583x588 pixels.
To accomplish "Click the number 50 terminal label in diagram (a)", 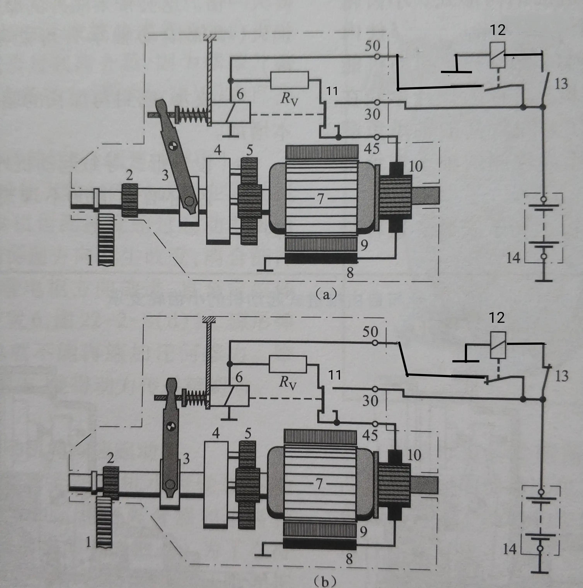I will (372, 46).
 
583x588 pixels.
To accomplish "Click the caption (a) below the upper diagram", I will (326, 294).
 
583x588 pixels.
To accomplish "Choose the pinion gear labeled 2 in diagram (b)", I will (111, 483).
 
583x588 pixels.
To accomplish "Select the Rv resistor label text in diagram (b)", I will (288, 383).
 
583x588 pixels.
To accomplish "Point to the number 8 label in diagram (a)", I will (350, 273).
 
